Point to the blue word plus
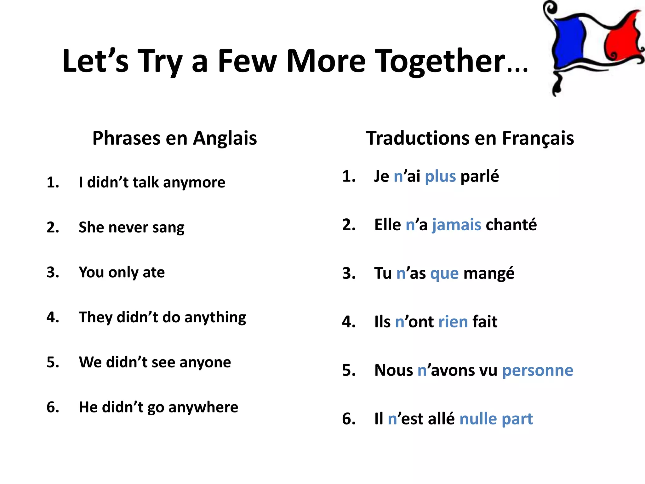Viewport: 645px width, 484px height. coord(440,176)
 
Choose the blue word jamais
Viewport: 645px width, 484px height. coord(456,225)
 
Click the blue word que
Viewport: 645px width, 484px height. coord(444,274)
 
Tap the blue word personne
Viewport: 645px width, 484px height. coord(537,371)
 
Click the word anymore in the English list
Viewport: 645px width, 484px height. coord(194,182)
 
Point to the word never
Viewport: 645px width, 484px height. coord(128,227)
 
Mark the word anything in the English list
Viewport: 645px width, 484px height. coord(215,317)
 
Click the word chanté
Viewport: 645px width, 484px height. coord(511,225)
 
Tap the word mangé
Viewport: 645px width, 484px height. coord(489,274)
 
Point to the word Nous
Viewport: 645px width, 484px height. coord(393,371)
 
